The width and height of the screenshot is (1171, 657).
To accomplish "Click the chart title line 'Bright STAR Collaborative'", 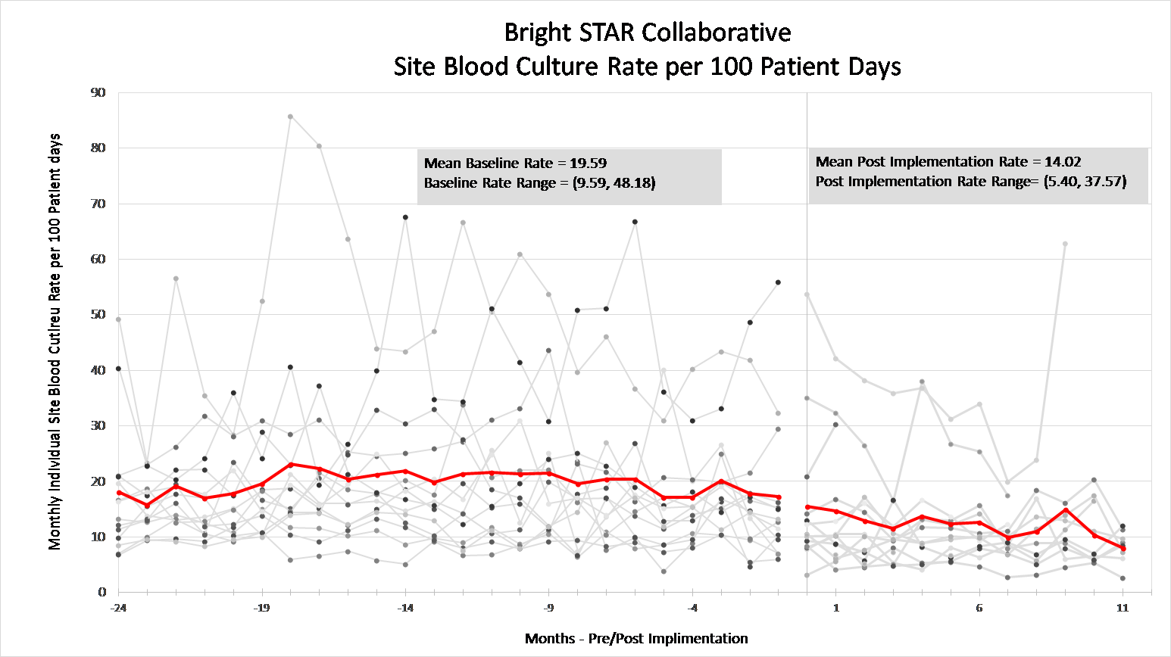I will pyautogui.click(x=648, y=33).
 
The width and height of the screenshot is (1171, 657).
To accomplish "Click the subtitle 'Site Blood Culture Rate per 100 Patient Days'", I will pyautogui.click(x=648, y=67).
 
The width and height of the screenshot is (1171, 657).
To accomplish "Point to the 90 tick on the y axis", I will pyautogui.click(x=98, y=92).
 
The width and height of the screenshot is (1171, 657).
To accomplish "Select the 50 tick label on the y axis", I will pyautogui.click(x=98, y=314).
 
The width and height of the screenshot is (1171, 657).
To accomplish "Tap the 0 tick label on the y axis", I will pyautogui.click(x=102, y=592).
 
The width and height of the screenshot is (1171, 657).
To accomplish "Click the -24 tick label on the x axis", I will pyautogui.click(x=117, y=608).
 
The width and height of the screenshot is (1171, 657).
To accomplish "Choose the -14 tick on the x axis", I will pyautogui.click(x=405, y=608).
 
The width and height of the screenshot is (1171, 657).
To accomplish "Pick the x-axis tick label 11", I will pyautogui.click(x=1123, y=608).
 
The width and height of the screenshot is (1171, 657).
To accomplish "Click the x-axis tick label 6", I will pyautogui.click(x=979, y=608).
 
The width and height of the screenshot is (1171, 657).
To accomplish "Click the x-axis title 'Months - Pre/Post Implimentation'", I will pyautogui.click(x=636, y=639).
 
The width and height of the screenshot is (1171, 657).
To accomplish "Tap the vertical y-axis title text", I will pyautogui.click(x=55, y=342).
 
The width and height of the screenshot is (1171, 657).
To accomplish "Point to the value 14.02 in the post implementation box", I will pyautogui.click(x=1063, y=161).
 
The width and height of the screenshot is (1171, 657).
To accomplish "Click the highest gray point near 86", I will pyautogui.click(x=290, y=117).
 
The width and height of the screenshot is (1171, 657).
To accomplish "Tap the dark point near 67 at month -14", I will pyautogui.click(x=405, y=217).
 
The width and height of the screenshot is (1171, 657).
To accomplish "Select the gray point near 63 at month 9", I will pyautogui.click(x=1065, y=244).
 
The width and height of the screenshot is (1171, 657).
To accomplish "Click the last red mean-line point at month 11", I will pyautogui.click(x=1123, y=548).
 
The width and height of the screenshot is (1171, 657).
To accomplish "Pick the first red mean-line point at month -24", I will pyautogui.click(x=118, y=493).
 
